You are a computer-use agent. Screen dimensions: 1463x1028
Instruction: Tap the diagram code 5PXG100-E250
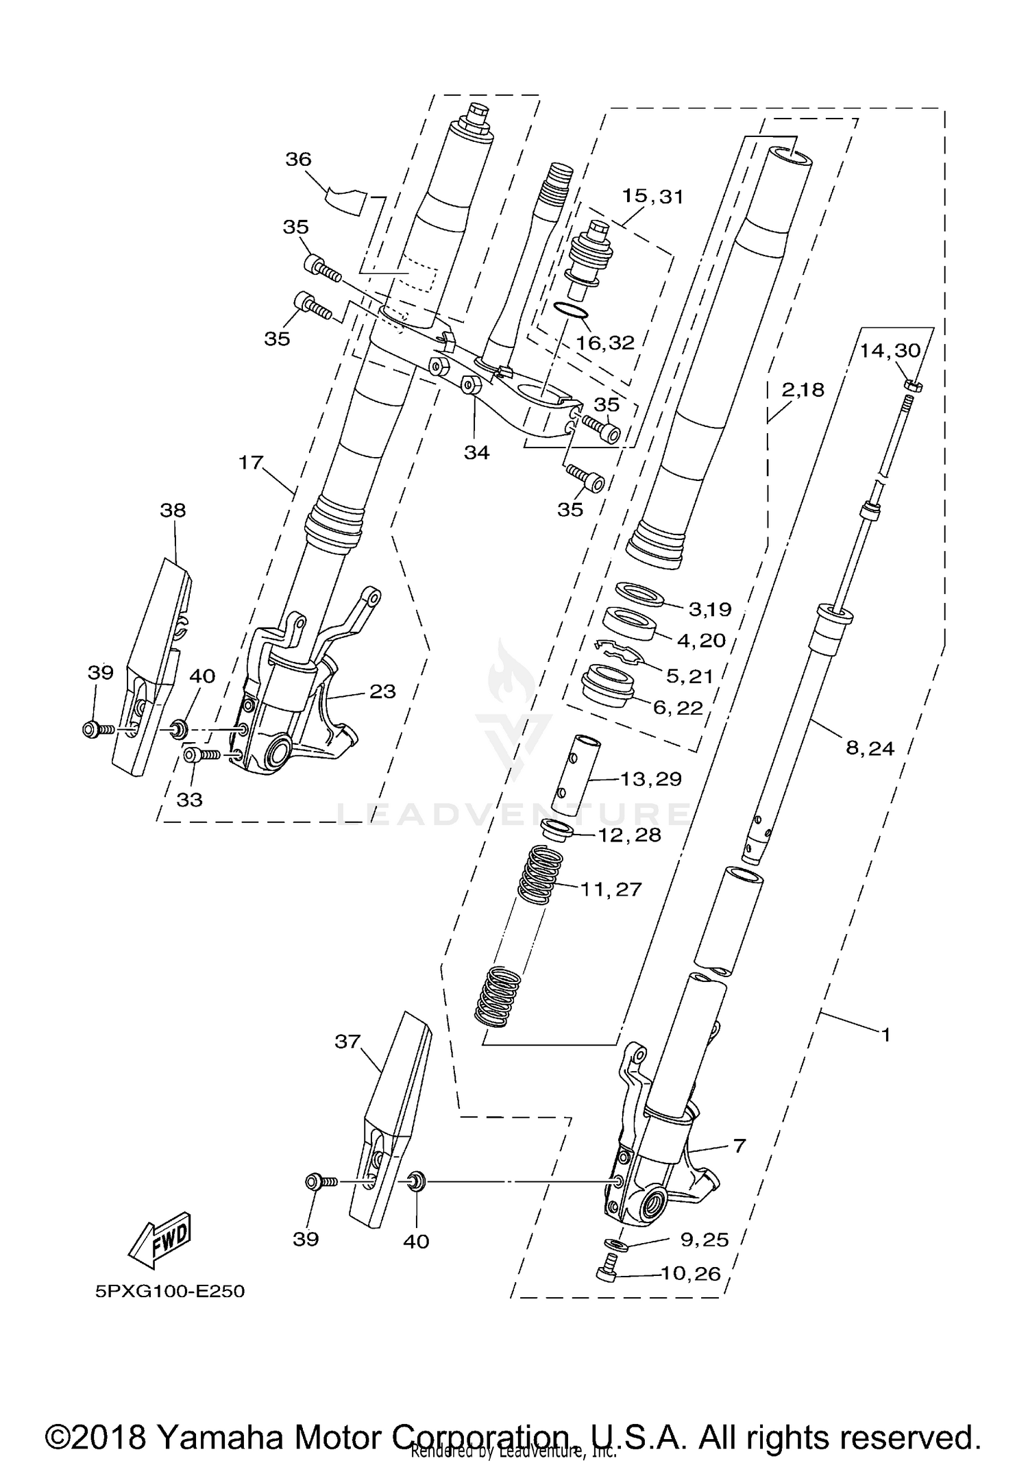[170, 1291]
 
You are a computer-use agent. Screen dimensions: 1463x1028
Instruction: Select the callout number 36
[298, 160]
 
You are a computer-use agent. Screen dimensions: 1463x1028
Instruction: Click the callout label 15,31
[652, 197]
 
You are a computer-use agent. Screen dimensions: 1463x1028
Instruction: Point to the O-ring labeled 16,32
[570, 312]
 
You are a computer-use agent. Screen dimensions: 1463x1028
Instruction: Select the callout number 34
[476, 452]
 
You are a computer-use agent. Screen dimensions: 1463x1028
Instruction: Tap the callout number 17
[251, 463]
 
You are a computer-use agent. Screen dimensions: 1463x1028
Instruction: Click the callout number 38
[173, 510]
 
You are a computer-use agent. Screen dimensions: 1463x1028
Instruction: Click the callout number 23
[382, 691]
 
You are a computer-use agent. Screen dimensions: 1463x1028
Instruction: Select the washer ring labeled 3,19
[640, 594]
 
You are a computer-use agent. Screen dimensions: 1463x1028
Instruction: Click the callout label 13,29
[650, 779]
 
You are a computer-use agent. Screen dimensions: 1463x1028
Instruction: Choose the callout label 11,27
[611, 889]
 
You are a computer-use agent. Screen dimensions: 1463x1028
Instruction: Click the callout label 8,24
[870, 748]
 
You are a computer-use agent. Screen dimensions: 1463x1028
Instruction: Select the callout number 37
[347, 1042]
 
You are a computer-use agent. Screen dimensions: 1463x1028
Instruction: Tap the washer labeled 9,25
[615, 1244]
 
